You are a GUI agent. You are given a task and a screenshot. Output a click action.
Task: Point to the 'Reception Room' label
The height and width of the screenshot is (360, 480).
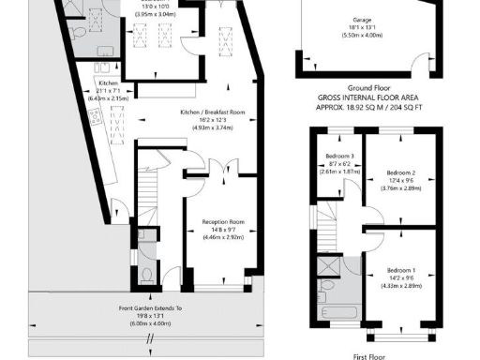pos(223,222)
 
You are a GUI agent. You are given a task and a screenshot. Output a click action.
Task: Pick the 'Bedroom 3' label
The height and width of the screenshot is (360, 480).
pos(339,156)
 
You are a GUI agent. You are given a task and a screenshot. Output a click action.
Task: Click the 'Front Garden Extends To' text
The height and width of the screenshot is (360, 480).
pos(151,308)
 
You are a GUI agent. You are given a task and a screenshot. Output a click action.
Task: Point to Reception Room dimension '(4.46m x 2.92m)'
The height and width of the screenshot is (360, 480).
pos(223,238)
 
